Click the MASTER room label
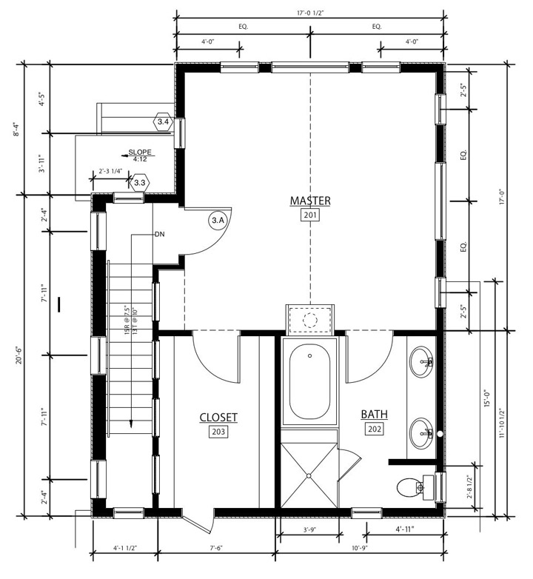click(x=310, y=201)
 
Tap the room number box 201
click(x=310, y=215)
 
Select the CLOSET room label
click(x=218, y=418)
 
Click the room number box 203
click(x=218, y=432)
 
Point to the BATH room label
click(x=375, y=415)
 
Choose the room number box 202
click(x=375, y=429)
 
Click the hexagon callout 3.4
click(x=163, y=122)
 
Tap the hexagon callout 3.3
click(x=140, y=183)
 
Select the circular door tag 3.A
click(x=218, y=221)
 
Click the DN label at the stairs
click(x=159, y=234)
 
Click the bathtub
click(x=309, y=381)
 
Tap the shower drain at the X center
click(x=309, y=475)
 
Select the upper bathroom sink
click(x=421, y=361)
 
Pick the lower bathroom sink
click(x=421, y=433)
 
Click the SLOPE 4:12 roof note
click(x=139, y=155)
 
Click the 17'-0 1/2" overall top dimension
click(x=310, y=13)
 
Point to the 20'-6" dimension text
click(x=19, y=355)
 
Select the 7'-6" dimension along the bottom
click(x=216, y=549)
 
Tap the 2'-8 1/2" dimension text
click(x=470, y=487)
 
